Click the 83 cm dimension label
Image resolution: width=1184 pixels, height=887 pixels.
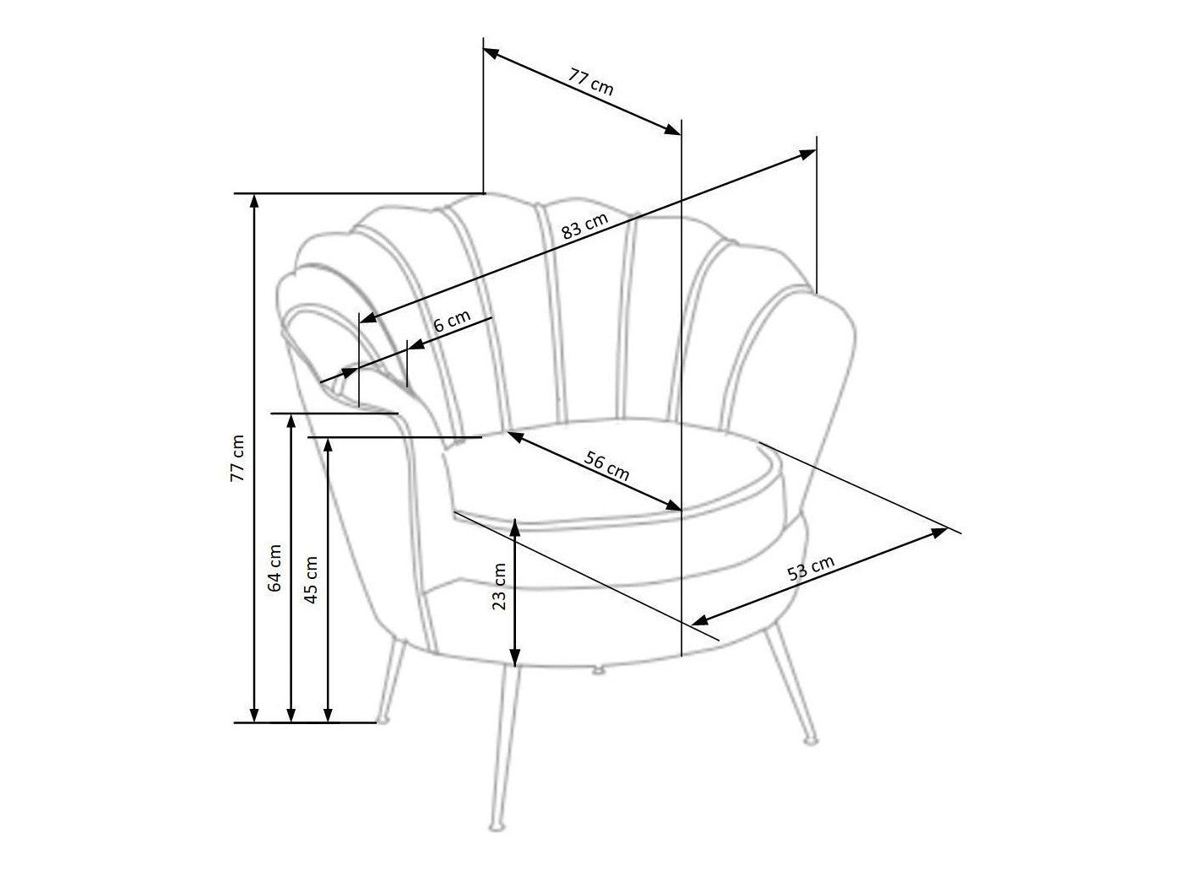click(x=584, y=225)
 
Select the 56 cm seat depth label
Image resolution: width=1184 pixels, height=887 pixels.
click(x=606, y=466)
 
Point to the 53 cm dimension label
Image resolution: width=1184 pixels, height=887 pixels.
click(x=811, y=568)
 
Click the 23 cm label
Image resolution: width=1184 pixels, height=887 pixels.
click(x=499, y=587)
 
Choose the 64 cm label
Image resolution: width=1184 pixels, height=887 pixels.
click(x=275, y=568)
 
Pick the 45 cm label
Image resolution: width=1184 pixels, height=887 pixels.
click(x=312, y=579)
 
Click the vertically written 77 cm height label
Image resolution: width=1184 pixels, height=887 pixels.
click(x=237, y=457)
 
